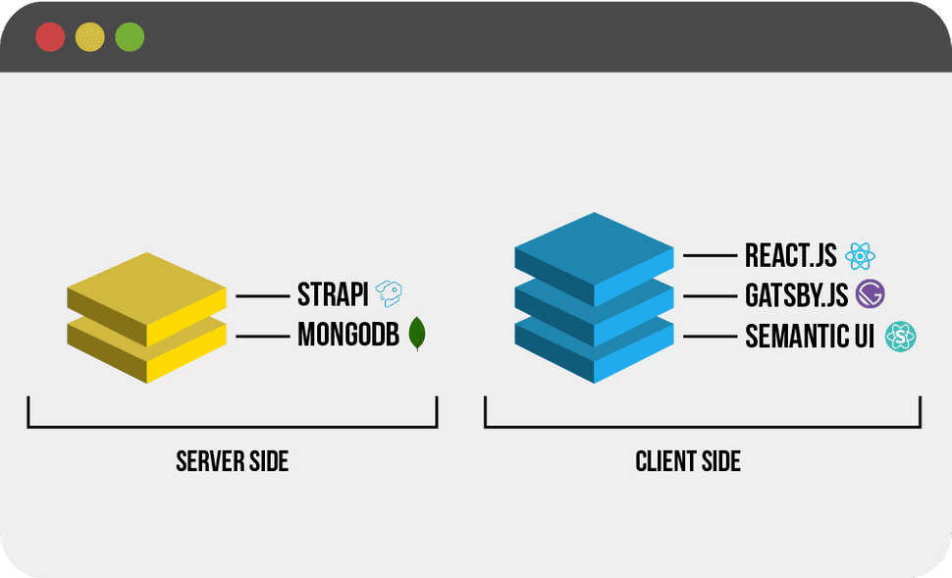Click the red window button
(x=50, y=37)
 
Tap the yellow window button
(x=90, y=37)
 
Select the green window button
(x=130, y=37)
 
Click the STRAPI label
(x=333, y=294)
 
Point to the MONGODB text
(x=348, y=336)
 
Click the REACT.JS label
(x=790, y=256)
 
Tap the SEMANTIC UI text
(x=810, y=337)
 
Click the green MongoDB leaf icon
(x=418, y=335)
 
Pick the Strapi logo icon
(x=390, y=293)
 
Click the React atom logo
(x=860, y=256)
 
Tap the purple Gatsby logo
(x=871, y=294)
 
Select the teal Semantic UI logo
(x=900, y=338)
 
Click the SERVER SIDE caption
(x=233, y=461)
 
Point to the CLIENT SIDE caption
(x=688, y=461)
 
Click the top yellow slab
(x=147, y=285)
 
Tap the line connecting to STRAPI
(x=260, y=295)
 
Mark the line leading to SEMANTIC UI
(x=710, y=337)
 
